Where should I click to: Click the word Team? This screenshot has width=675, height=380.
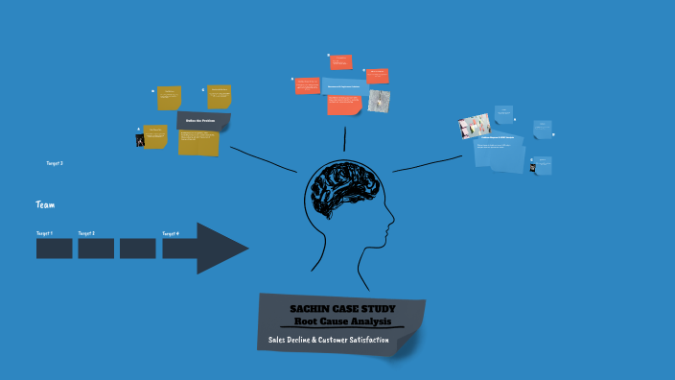[44, 204]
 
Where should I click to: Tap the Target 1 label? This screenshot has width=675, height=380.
[44, 233]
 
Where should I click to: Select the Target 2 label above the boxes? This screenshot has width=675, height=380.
[86, 233]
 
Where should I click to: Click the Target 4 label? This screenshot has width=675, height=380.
[171, 233]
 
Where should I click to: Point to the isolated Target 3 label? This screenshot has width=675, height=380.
[55, 163]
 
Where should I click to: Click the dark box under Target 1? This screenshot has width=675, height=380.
[54, 249]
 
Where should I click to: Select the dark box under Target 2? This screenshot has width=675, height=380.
[96, 249]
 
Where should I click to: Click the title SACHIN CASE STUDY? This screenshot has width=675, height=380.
[341, 308]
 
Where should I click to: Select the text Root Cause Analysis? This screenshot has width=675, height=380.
[341, 321]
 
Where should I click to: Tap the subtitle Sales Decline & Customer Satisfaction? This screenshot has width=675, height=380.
[328, 341]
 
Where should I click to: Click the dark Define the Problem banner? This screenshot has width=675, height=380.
[203, 121]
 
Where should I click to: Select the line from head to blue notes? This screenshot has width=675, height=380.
[428, 163]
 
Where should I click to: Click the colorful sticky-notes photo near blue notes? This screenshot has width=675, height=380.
[475, 127]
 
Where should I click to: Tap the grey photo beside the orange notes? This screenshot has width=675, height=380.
[379, 101]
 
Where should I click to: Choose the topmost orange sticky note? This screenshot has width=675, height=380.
[340, 62]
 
